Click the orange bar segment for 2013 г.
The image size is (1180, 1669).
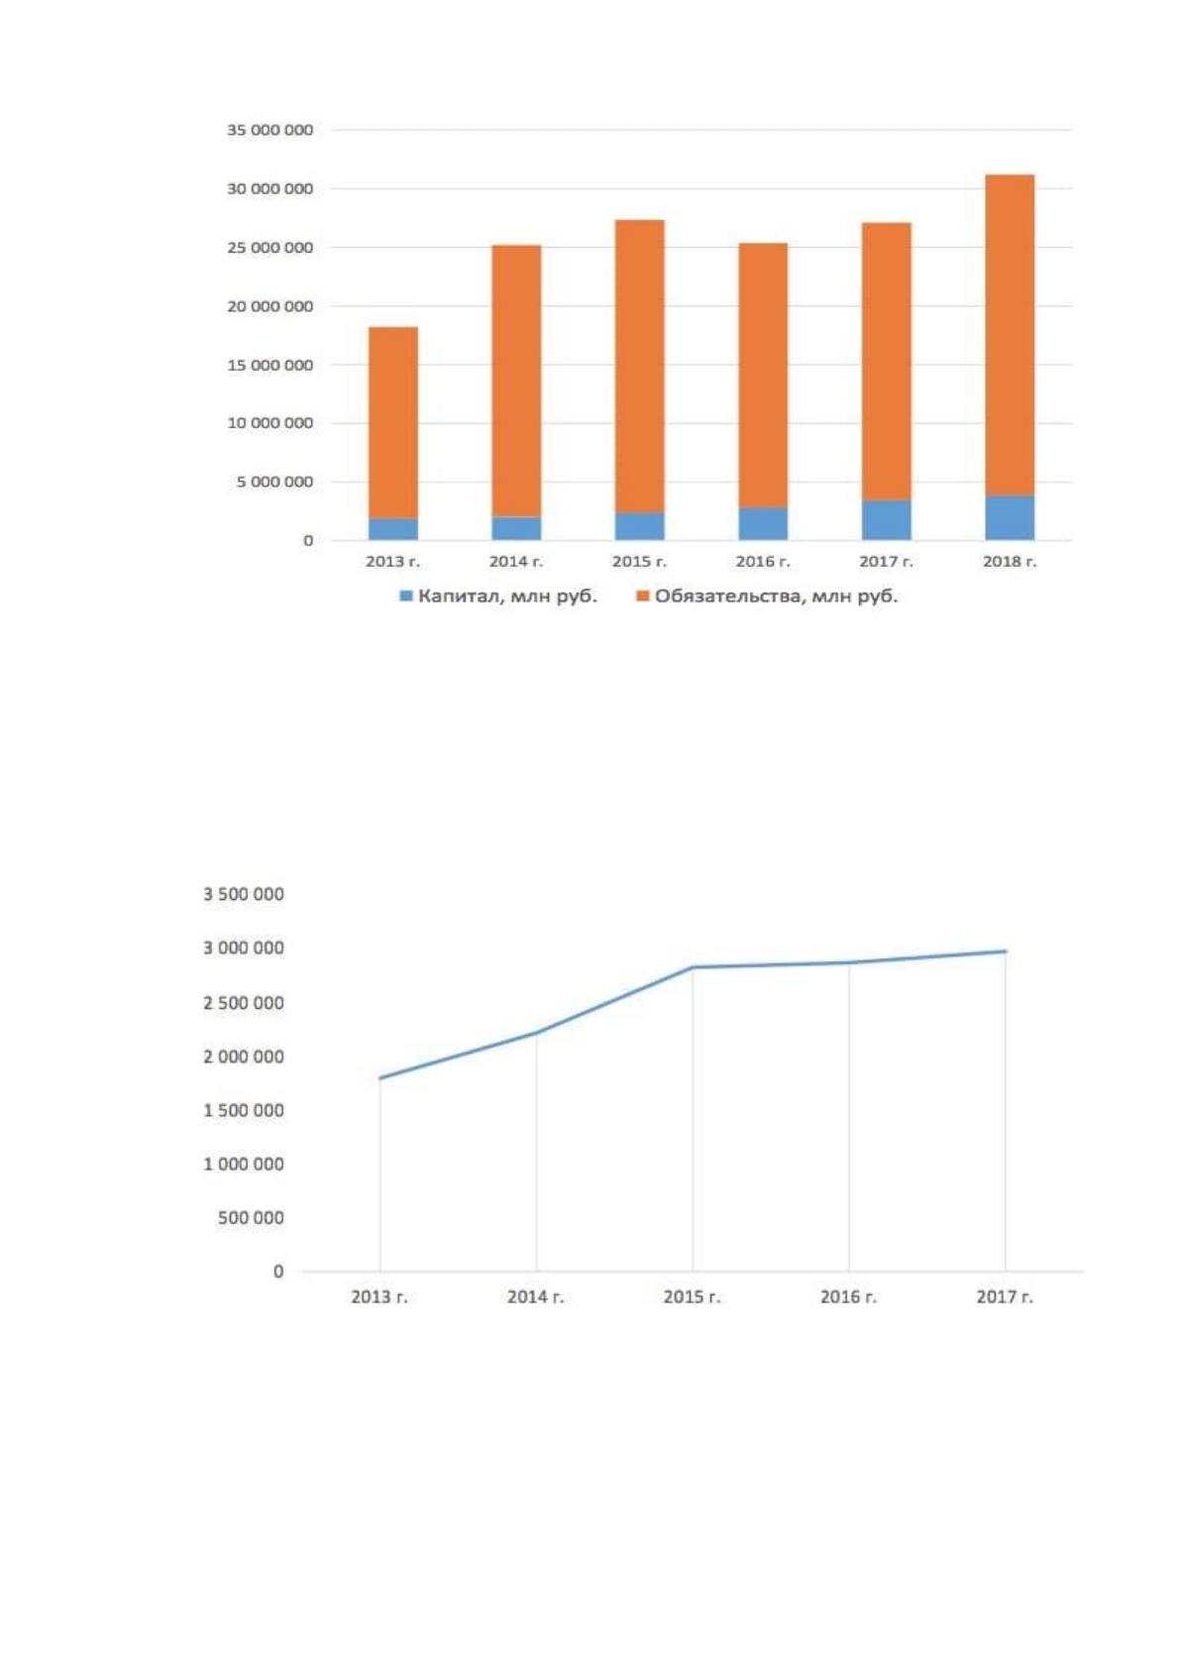pos(392,422)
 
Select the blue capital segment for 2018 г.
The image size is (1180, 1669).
pos(1010,517)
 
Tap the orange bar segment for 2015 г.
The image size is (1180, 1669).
pos(639,366)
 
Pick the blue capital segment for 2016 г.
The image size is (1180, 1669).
pos(763,524)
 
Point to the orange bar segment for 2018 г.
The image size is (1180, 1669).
pos(1010,335)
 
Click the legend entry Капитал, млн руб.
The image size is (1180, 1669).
pos(498,596)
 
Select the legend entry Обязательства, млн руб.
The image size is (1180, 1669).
pos(767,596)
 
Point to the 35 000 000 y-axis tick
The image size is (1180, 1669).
pos(269,131)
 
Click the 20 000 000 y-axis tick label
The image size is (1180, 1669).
pos(269,306)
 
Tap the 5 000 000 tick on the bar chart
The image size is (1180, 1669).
pos(274,482)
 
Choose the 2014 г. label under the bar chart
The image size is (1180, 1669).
pos(515,562)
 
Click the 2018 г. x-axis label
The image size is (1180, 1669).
pos(1010,562)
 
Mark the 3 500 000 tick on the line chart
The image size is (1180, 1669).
pos(243,894)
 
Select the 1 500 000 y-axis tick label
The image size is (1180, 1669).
pos(243,1110)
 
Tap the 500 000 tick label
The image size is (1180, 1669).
pos(251,1217)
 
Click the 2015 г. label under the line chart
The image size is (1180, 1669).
pos(693,1297)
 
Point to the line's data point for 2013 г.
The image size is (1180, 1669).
pos(379,1078)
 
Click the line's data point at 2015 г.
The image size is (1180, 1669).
pos(693,968)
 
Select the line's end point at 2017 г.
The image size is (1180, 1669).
pos(1006,951)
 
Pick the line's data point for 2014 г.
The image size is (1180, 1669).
pos(536,1033)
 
